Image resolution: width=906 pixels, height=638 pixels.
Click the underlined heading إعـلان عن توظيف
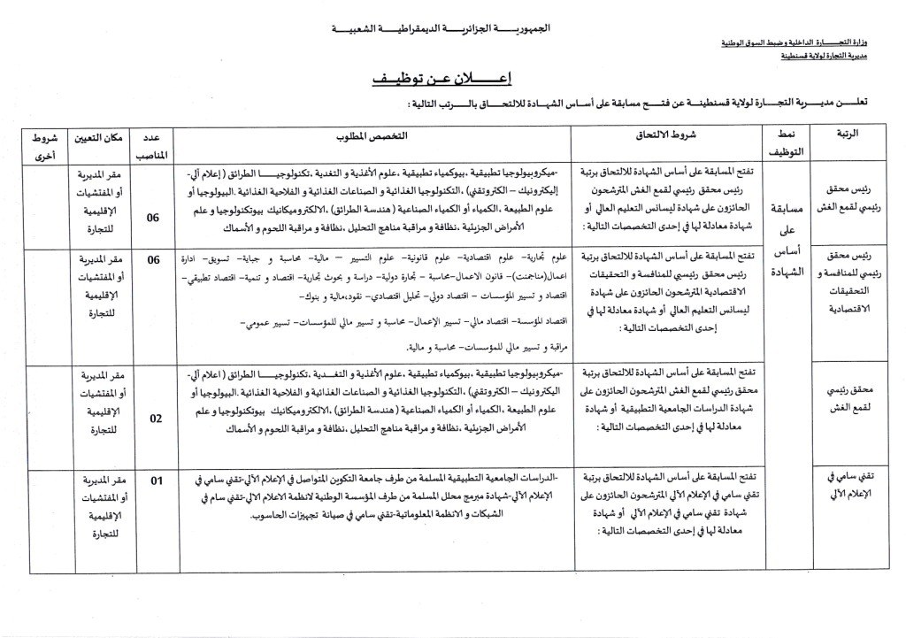[x=453, y=79]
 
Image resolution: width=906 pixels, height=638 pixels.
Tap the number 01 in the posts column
[x=157, y=480]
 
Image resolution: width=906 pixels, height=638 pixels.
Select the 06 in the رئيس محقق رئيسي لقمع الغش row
[x=154, y=216]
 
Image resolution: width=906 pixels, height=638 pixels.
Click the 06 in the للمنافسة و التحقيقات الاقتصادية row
[x=154, y=259]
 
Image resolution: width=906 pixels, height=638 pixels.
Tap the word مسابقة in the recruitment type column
[x=788, y=209]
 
